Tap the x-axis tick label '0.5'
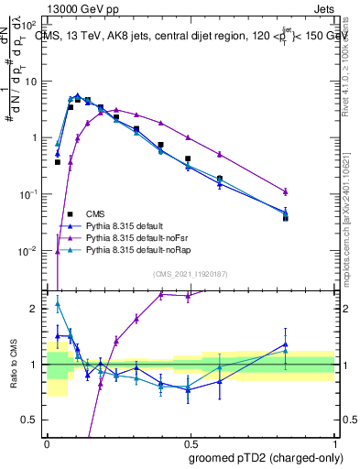(191, 442)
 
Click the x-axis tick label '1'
(335, 442)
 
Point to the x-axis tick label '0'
(47, 442)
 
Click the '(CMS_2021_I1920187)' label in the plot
(191, 274)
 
